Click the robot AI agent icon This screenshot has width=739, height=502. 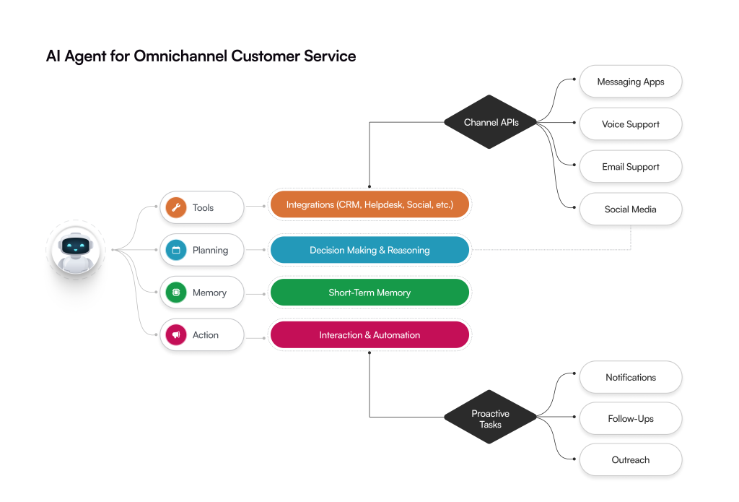pos(76,251)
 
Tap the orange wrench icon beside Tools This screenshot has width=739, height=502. pos(176,208)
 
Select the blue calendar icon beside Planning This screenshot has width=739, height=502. pos(176,251)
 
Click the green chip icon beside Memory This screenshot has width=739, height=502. pos(176,293)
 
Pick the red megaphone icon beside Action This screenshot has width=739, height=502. pos(176,335)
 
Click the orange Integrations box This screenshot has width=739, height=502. pos(369,205)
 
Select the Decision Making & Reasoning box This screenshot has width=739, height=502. pos(369,250)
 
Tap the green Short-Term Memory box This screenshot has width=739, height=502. pos(369,293)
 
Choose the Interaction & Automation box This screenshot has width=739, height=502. pos(369,335)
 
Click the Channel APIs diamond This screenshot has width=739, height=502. pos(491,122)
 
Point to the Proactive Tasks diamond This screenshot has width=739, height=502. pos(491,419)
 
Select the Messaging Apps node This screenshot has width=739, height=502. pos(630,82)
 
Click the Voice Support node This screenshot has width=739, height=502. pos(630,124)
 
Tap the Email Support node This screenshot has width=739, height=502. pos(630,167)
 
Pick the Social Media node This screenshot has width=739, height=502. pos(630,209)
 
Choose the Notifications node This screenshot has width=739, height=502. pos(630,377)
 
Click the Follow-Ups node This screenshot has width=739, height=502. pos(630,419)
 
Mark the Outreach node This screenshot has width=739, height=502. pos(630,460)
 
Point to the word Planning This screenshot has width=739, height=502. pos(210,251)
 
